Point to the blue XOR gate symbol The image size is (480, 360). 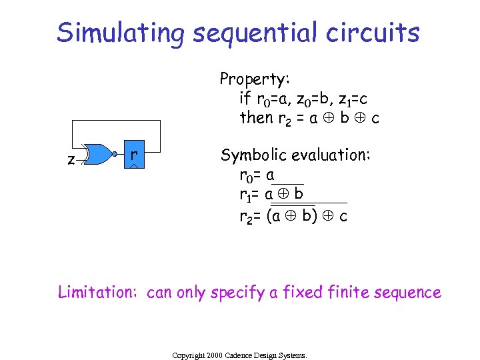pos(99,155)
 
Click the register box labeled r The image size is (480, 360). pos(134,155)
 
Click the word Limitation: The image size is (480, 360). pos(98,292)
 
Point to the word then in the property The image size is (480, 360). pos(256,118)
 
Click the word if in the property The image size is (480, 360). pos(245,99)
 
